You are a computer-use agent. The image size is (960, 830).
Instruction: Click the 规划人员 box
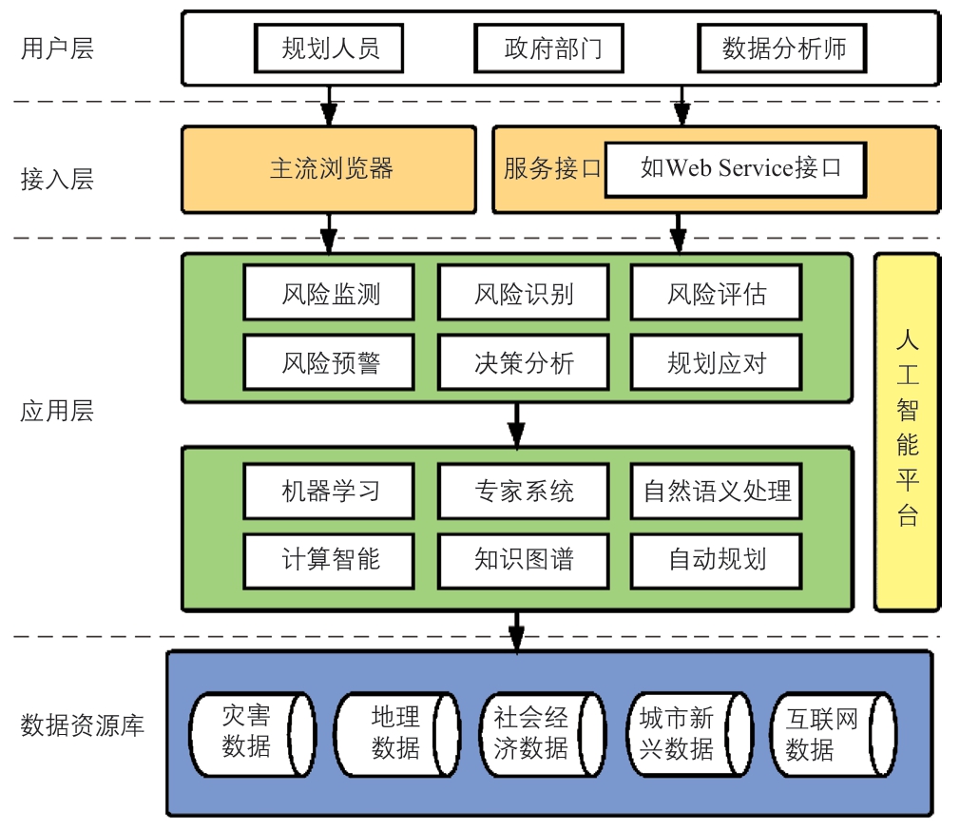(330, 48)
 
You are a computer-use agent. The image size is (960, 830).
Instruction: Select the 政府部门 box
(551, 48)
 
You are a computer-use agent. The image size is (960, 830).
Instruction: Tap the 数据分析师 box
(782, 48)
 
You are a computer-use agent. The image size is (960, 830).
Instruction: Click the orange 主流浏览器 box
(330, 169)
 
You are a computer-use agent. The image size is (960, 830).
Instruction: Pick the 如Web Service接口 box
(735, 169)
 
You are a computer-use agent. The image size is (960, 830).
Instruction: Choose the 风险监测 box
(329, 294)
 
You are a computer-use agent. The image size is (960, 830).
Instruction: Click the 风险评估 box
(716, 294)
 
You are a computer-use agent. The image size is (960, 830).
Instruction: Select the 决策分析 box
(523, 362)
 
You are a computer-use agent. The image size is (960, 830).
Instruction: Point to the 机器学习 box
(329, 492)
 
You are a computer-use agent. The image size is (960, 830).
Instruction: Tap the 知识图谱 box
(523, 559)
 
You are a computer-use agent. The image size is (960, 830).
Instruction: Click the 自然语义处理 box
(716, 492)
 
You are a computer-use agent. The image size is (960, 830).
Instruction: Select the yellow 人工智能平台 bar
(907, 431)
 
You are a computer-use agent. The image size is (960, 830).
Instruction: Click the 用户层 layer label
(57, 48)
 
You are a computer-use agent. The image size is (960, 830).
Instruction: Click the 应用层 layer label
(57, 411)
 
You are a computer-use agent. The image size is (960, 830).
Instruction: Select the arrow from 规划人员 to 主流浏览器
(329, 105)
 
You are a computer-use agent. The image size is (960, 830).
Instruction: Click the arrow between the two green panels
(516, 424)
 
